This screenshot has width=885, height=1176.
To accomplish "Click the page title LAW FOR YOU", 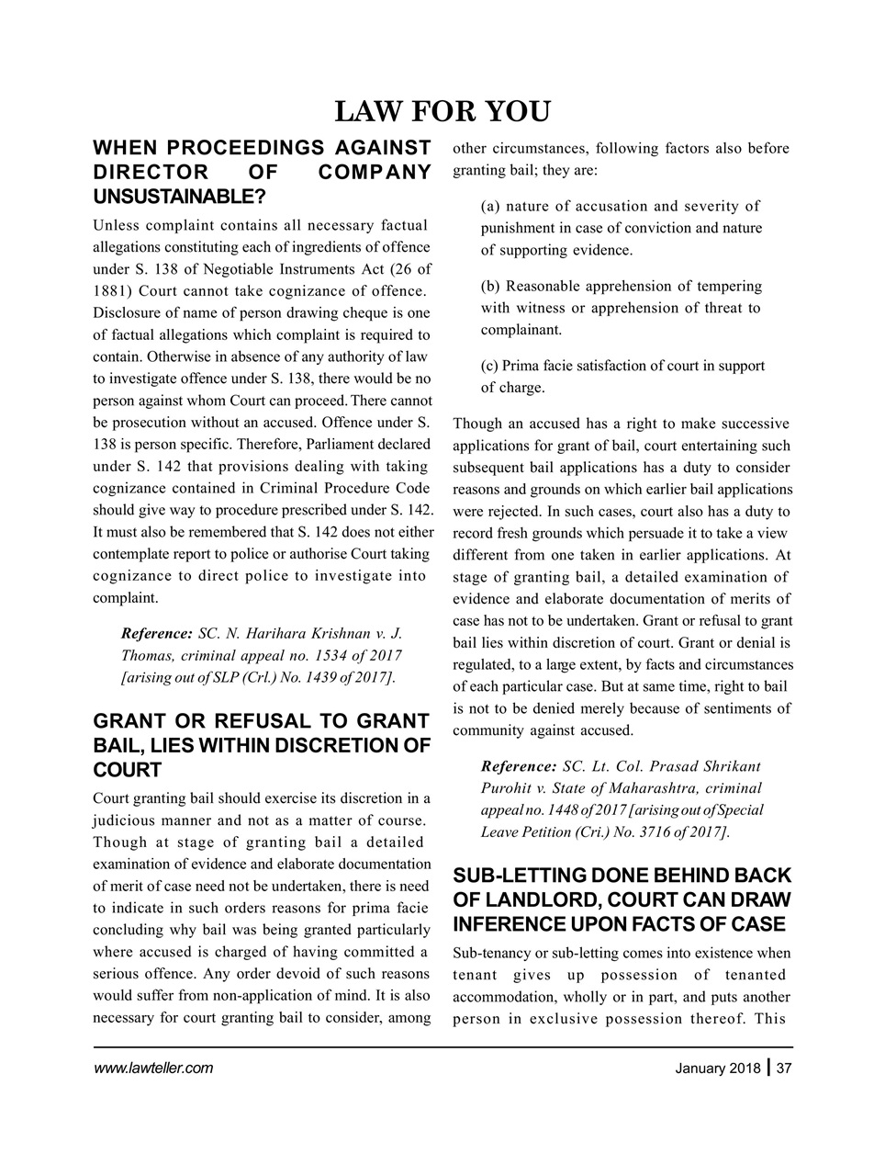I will (442, 111).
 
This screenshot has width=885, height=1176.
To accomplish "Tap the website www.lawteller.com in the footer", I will (153, 1068).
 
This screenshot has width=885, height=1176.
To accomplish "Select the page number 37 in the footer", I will (784, 1068).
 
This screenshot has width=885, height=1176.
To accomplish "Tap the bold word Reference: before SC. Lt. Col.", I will (519, 766).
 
